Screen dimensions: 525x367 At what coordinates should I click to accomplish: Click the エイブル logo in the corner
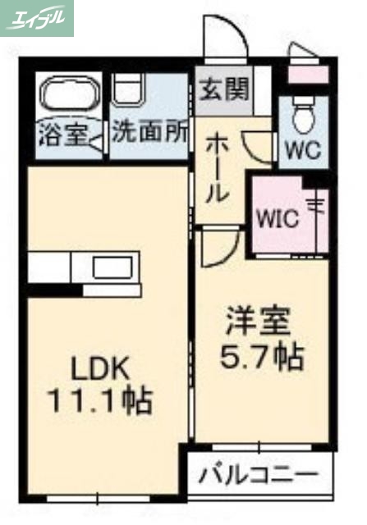(37, 17)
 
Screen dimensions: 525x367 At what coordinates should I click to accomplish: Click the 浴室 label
(62, 133)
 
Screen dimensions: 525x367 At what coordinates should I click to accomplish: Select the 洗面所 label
(150, 133)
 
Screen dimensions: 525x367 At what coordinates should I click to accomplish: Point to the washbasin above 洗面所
(129, 89)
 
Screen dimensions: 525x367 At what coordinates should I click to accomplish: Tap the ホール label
(218, 168)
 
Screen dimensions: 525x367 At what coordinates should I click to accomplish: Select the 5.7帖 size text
(263, 355)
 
